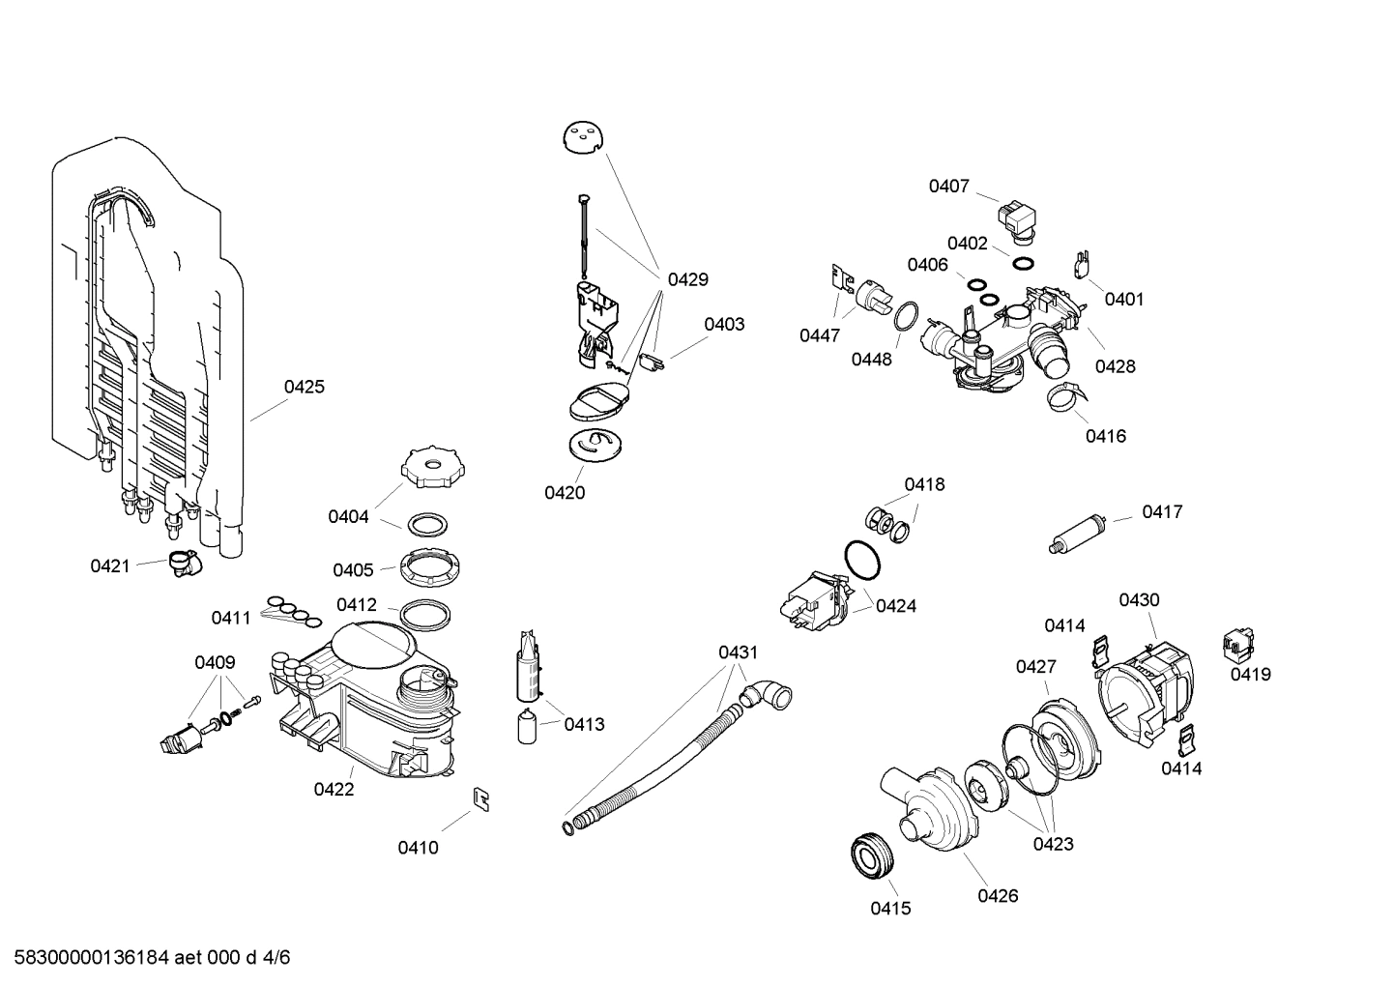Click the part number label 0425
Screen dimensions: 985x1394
tap(304, 387)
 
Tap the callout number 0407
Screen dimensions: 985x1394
tap(948, 186)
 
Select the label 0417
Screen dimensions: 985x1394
tap(1162, 512)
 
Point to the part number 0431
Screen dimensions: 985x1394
tap(738, 652)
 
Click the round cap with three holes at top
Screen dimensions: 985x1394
tap(582, 137)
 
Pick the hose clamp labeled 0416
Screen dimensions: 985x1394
tap(1068, 396)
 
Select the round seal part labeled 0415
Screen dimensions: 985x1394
tap(874, 855)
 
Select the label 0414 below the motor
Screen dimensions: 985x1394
tap(1181, 768)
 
